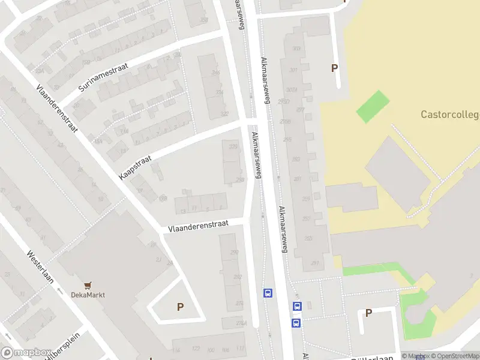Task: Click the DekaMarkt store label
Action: click(x=88, y=295)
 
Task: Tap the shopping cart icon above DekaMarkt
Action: click(x=88, y=286)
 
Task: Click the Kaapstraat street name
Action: click(x=136, y=166)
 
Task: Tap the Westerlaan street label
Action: click(x=40, y=266)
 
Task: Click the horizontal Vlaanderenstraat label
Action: click(x=198, y=226)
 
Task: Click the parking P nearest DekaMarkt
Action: click(x=180, y=307)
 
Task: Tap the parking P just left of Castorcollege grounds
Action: click(x=334, y=68)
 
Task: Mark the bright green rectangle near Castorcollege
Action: click(x=373, y=106)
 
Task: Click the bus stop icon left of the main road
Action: click(x=268, y=293)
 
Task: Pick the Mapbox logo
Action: click(x=26, y=353)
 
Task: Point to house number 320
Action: click(x=233, y=146)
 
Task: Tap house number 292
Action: click(x=238, y=277)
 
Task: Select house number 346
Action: click(x=216, y=73)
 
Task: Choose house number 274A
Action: click(x=242, y=323)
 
